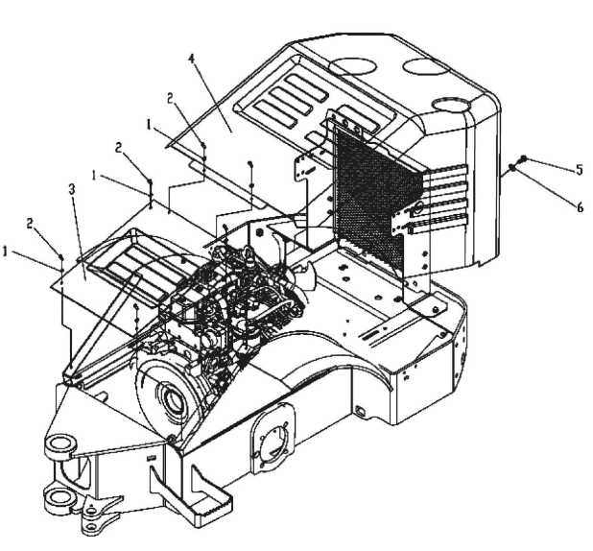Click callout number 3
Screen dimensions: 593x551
[72, 189]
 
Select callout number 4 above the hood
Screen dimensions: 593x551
[192, 59]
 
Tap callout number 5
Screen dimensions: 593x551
[580, 170]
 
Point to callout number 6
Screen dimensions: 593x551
[580, 207]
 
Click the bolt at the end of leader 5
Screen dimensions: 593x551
[524, 158]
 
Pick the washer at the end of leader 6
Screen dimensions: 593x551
[512, 166]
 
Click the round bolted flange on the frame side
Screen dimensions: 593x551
[272, 440]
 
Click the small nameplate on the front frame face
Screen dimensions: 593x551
[151, 458]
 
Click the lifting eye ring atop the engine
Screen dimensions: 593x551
[249, 251]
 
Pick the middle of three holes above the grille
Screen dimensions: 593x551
[345, 123]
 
